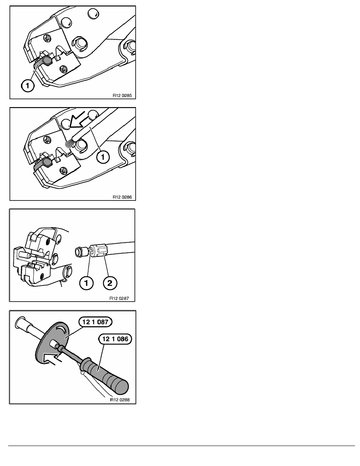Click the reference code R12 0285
(x=122, y=96)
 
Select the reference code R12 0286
(x=122, y=197)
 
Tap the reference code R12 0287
(x=119, y=299)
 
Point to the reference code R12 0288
(x=120, y=400)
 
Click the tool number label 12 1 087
(x=95, y=322)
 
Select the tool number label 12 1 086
(x=115, y=339)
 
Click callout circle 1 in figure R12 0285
(x=27, y=86)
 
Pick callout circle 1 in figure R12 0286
(x=103, y=157)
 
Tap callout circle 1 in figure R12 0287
(x=86, y=283)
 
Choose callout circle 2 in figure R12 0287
(x=110, y=283)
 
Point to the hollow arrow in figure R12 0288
(x=53, y=357)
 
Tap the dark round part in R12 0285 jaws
(x=47, y=61)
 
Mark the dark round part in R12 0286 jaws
(x=47, y=162)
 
